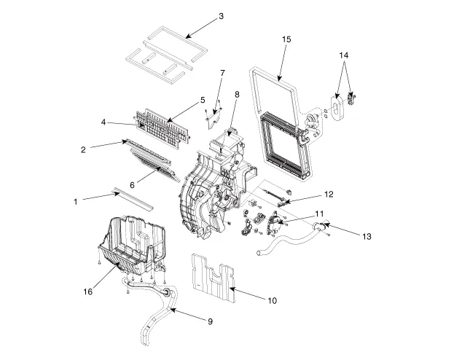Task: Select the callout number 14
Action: pyautogui.click(x=345, y=55)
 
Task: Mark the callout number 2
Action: pyautogui.click(x=84, y=149)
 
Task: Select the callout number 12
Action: pyautogui.click(x=329, y=194)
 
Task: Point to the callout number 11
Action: pyautogui.click(x=318, y=213)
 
